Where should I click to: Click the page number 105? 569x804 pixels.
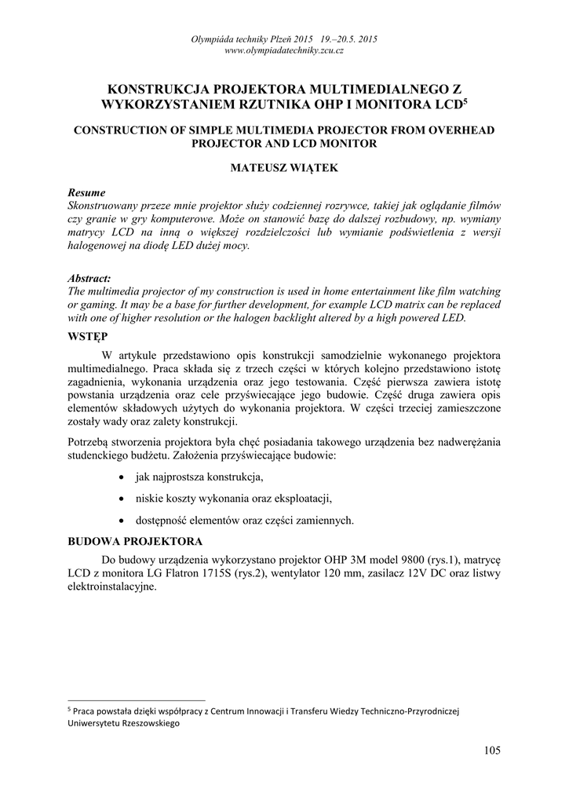pos(492,751)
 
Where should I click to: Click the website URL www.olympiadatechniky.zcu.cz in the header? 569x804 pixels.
pos(284,50)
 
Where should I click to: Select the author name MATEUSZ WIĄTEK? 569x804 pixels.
pos(284,168)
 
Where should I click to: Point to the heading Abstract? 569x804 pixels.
pos(89,279)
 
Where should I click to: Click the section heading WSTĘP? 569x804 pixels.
pos(88,336)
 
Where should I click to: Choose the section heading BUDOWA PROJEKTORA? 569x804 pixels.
pos(136,541)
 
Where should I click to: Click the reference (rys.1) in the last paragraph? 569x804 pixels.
pos(443,560)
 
